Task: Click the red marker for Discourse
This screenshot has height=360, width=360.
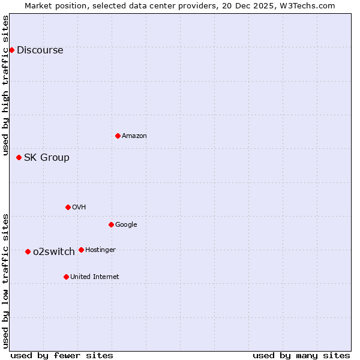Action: pyautogui.click(x=11, y=50)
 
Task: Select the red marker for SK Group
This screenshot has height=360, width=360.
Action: pyautogui.click(x=19, y=157)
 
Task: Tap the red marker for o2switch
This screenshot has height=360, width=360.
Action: pyautogui.click(x=28, y=251)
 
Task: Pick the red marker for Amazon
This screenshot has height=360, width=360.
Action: pyautogui.click(x=118, y=136)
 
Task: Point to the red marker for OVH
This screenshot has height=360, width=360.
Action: pyautogui.click(x=68, y=207)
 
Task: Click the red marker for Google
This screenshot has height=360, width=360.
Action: pyautogui.click(x=111, y=224)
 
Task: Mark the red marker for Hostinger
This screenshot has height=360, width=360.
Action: pyautogui.click(x=81, y=250)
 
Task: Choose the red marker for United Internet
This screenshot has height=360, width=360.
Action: pyautogui.click(x=66, y=277)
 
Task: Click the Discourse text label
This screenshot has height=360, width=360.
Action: pyautogui.click(x=40, y=50)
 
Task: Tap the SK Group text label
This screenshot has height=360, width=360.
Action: pyautogui.click(x=46, y=157)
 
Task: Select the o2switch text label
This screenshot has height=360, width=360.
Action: pyautogui.click(x=54, y=251)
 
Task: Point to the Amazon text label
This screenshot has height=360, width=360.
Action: pyautogui.click(x=134, y=136)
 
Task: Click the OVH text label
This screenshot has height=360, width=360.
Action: pyautogui.click(x=79, y=207)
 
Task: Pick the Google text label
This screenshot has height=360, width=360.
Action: pyautogui.click(x=126, y=224)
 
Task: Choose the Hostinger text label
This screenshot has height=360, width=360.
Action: pyautogui.click(x=100, y=250)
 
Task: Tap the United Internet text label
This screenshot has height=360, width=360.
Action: pyautogui.click(x=94, y=277)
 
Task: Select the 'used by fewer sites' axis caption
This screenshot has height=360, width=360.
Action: pyautogui.click(x=61, y=355)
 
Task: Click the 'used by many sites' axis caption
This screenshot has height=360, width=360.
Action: pyautogui.click(x=301, y=355)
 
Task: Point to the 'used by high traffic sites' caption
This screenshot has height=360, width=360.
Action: pyautogui.click(x=5, y=85)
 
